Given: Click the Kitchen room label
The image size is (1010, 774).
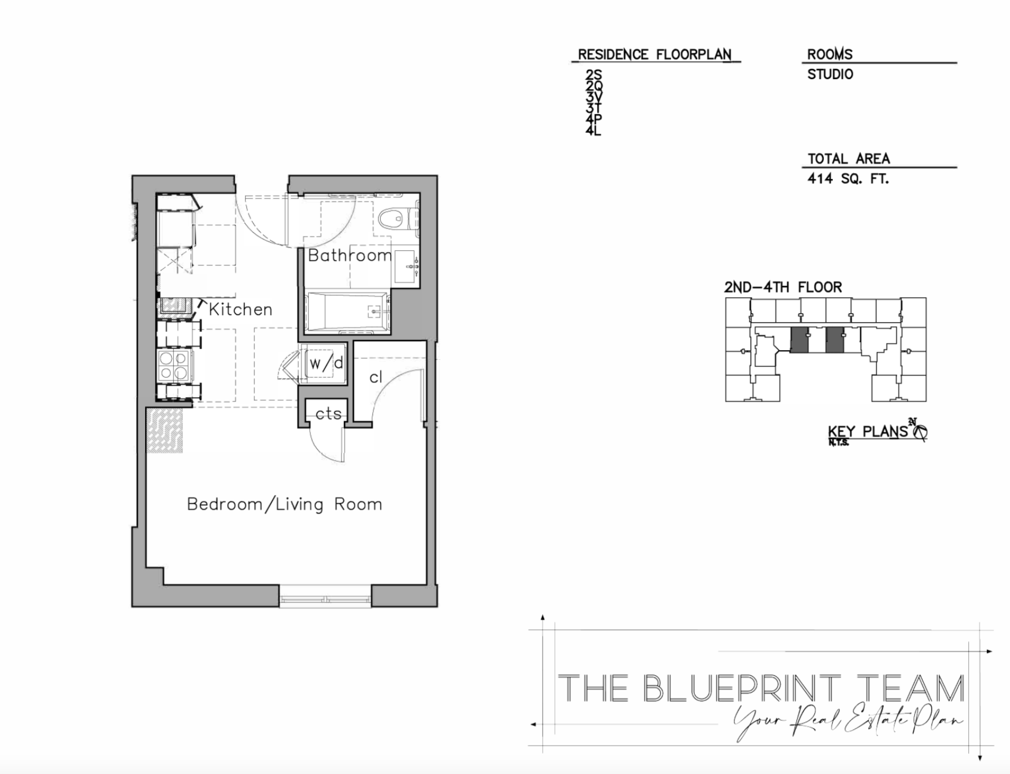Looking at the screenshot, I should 240,309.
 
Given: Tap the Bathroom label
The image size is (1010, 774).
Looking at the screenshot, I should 350,256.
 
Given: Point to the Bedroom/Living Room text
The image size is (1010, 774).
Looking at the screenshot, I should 284,504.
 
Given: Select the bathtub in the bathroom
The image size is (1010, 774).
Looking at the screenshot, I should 347,312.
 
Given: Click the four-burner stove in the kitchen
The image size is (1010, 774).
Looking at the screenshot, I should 173,365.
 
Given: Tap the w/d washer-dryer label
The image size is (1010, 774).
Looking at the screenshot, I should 326,363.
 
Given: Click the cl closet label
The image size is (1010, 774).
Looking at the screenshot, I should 375,377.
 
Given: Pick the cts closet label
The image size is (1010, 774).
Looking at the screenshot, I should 328,414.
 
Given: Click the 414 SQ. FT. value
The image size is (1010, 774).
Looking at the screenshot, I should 848,178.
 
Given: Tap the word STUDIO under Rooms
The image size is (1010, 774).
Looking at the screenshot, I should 830,74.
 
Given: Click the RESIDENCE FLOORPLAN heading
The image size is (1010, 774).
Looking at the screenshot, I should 654,55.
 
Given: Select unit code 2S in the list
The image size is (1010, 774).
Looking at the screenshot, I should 593,75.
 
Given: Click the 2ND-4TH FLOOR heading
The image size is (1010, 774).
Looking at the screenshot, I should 783,288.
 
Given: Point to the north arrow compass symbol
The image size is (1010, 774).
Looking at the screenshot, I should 920,431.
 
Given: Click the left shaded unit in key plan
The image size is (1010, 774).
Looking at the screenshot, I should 799,340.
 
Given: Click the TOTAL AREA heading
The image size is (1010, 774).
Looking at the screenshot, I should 848,159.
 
